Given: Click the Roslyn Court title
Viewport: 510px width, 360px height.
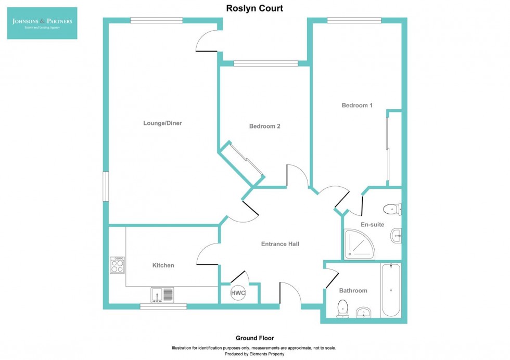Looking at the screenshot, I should point(254,8).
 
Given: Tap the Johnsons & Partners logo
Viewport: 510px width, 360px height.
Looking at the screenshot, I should point(42,23).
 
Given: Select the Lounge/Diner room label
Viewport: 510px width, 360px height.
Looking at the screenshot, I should point(162,123).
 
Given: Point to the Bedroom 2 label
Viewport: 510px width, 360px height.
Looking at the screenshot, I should point(265,126).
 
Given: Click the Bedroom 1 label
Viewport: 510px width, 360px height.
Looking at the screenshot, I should point(357,105).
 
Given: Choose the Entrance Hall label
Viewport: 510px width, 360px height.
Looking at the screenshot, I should point(280,243).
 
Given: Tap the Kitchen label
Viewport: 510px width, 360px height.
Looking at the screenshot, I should point(163,265).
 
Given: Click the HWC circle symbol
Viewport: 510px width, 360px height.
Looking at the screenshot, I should point(238,293).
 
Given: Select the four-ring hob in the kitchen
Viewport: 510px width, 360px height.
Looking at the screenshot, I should point(117,265).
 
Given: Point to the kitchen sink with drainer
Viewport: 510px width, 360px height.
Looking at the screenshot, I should point(162,295).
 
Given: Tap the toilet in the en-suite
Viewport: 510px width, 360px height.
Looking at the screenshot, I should point(392,209).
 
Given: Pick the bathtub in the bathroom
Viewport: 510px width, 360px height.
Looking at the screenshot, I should point(391,290).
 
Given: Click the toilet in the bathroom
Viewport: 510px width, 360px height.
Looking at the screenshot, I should point(343,308).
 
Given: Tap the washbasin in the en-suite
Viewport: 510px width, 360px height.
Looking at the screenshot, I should point(396,236).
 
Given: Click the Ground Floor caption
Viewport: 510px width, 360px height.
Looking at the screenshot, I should point(254,338).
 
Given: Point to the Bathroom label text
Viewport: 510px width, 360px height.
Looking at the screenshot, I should point(353,291).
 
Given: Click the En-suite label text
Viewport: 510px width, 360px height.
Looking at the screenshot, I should point(372,225).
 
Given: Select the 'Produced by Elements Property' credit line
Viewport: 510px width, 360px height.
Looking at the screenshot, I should point(254,354).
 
